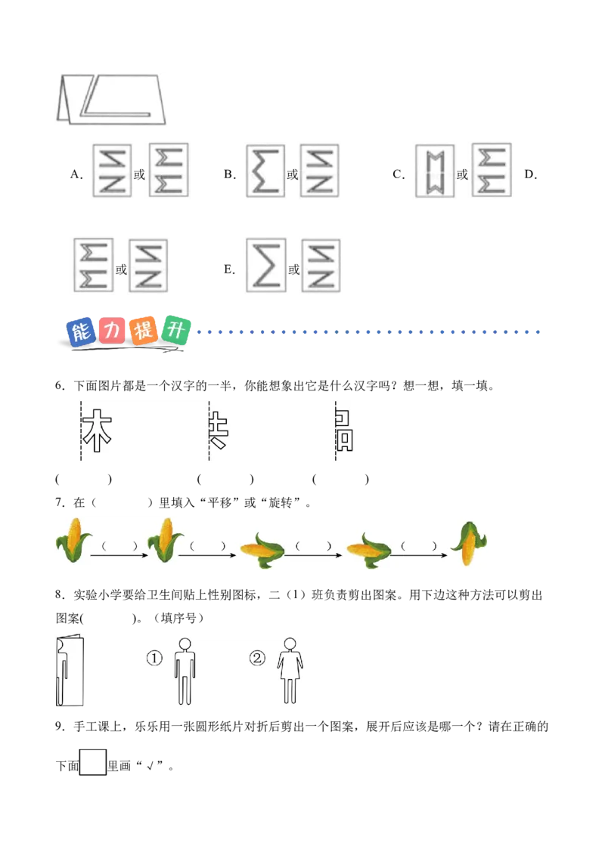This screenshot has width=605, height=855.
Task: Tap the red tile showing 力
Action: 112,330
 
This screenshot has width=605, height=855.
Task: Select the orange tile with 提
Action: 144,331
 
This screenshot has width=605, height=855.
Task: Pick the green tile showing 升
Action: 177,330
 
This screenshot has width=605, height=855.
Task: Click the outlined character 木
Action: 97,431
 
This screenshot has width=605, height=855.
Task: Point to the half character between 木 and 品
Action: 218,431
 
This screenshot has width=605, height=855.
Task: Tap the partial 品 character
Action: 344,431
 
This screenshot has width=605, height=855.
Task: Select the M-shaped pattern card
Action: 436,172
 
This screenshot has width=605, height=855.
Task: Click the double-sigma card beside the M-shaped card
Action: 490,172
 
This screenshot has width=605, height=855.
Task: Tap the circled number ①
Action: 154,659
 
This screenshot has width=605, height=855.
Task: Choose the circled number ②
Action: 258,659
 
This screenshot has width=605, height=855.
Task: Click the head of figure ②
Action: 289,644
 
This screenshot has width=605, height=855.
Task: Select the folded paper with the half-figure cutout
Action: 69,671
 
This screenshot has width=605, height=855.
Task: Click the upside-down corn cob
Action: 467,544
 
